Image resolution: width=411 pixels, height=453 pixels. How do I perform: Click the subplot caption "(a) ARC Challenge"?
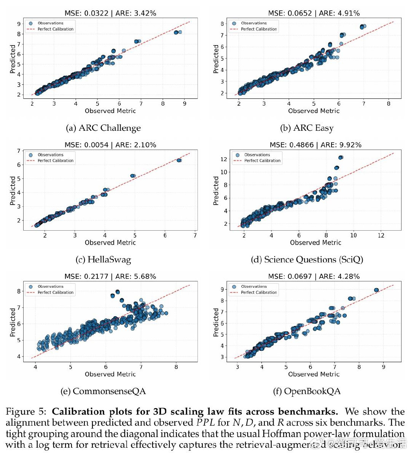(103, 128)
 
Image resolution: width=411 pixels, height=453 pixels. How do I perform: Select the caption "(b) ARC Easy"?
(307, 128)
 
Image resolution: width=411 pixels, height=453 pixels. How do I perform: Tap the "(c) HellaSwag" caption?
(103, 260)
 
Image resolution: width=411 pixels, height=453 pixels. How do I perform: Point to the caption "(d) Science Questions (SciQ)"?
(307, 260)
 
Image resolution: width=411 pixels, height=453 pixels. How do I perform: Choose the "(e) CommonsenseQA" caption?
(103, 391)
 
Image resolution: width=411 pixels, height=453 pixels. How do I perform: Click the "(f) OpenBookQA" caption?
(307, 391)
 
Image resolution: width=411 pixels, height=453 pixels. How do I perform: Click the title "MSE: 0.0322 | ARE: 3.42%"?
(110, 13)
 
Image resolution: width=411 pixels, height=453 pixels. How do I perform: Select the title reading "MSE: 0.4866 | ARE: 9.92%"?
(315, 145)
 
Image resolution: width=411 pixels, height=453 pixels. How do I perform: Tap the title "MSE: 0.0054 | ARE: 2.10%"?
(110, 145)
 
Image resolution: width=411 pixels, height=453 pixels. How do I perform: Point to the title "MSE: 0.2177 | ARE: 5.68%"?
(110, 276)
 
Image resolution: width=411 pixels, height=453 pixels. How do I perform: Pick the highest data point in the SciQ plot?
(341, 157)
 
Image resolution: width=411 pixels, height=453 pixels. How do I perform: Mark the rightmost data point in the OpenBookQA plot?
(376, 290)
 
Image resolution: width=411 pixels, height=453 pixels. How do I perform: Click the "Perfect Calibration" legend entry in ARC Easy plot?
(259, 29)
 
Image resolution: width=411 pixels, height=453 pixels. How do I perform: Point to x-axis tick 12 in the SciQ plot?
(381, 236)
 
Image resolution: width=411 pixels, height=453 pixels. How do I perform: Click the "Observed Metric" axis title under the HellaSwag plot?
(110, 242)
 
